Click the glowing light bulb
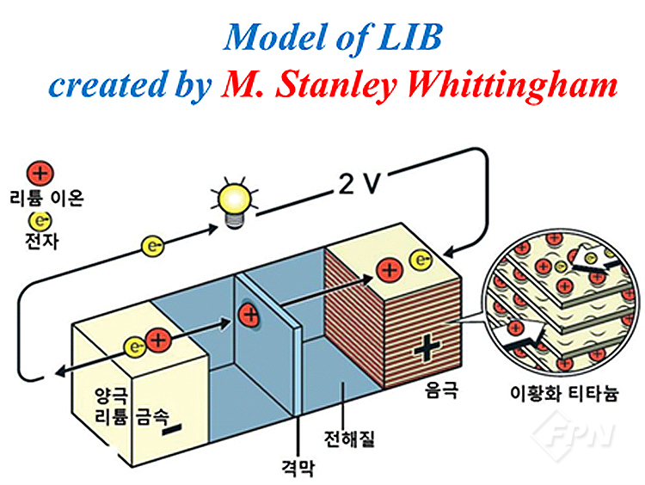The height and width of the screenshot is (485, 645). pos(235,201)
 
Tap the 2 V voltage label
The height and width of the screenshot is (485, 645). pos(359,183)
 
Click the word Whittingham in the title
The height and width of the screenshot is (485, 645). pos(513,85)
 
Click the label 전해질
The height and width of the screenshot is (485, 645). pos(349,439)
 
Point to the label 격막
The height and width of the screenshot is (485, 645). pos(298,468)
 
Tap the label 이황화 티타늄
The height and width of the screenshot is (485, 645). pos(564,393)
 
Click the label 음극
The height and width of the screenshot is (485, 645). pos(441,390)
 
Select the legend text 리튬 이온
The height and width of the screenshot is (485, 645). pos(46,199)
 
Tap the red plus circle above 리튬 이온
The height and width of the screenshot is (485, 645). pos(40,173)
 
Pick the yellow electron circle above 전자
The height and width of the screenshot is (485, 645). pos(40,221)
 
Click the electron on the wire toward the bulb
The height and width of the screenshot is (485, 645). pos(152,247)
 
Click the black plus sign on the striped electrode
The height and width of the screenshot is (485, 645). pos(427,347)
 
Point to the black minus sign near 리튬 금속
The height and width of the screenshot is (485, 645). pos(172,429)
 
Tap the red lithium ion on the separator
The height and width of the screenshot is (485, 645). pos(249,316)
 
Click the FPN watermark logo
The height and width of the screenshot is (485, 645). pos(572,436)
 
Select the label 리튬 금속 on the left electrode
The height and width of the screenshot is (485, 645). pos(132,416)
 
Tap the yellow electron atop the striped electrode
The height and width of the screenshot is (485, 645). pos(421,260)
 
